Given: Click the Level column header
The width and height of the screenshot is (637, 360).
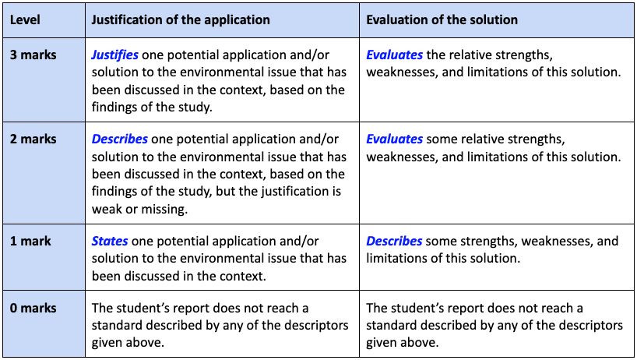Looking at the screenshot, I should [x=25, y=19].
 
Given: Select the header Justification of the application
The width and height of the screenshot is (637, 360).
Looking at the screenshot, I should [x=181, y=19].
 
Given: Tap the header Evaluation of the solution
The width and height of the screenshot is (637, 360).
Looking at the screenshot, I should [x=442, y=19].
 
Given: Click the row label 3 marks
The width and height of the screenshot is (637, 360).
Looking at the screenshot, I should [x=33, y=55].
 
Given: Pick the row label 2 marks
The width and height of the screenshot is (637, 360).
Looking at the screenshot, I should [x=33, y=139].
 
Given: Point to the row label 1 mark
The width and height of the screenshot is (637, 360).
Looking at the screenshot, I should [x=30, y=241].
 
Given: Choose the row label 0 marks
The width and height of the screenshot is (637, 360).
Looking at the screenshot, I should [x=33, y=309].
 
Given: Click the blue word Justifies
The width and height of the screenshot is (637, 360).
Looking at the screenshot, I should [x=114, y=55].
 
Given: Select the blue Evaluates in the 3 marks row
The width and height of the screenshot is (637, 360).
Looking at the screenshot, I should [x=394, y=55].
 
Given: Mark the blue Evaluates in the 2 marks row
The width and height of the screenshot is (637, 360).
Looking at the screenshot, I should [x=394, y=139].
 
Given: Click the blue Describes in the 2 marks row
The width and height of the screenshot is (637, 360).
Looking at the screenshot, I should [x=119, y=139].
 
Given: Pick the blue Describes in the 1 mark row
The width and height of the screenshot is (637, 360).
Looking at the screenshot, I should [x=394, y=241].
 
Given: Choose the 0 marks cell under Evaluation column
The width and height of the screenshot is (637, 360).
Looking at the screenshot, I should [x=494, y=325].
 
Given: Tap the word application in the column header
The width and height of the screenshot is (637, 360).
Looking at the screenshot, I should [x=234, y=19].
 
